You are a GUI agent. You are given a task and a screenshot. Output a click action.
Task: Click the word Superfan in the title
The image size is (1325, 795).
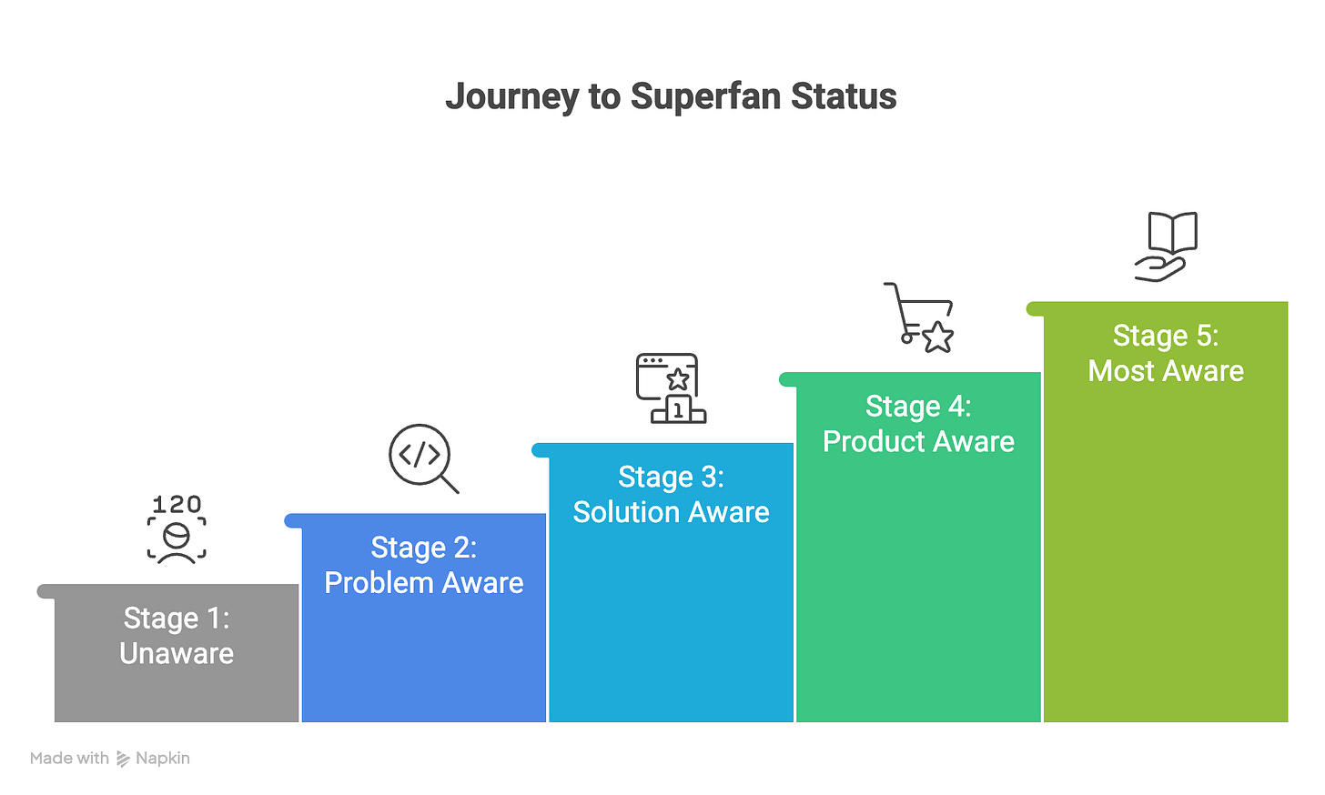tap(706, 96)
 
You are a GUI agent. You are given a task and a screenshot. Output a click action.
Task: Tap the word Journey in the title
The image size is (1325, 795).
tap(511, 96)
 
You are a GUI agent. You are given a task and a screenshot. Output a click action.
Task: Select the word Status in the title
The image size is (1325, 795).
tap(844, 96)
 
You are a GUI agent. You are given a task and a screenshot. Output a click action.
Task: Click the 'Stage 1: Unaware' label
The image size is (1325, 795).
tap(177, 636)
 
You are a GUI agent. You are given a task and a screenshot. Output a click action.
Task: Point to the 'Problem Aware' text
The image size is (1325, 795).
tap(424, 583)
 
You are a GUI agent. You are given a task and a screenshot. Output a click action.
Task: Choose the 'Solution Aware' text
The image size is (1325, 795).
tap(672, 512)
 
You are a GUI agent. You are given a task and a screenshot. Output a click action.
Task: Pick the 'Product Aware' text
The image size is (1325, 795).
tap(918, 441)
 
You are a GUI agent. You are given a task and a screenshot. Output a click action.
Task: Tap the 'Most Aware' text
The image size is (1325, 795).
tap(1166, 371)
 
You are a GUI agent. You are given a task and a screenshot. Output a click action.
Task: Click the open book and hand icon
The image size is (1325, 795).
tap(1167, 247)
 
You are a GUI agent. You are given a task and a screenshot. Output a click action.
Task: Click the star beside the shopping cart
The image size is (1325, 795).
tap(938, 337)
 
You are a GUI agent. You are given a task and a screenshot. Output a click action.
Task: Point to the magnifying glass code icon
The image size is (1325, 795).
tap(423, 458)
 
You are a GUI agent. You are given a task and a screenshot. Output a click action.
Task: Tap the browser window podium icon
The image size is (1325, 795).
tap(671, 388)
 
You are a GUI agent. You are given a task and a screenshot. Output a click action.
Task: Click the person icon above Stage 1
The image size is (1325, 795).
tap(177, 540)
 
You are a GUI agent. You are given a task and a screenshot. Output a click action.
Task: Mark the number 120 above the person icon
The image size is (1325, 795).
tap(177, 504)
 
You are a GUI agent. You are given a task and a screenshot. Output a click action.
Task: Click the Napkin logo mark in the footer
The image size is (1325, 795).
tap(123, 759)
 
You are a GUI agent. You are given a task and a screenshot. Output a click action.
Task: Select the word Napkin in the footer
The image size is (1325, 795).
tap(163, 759)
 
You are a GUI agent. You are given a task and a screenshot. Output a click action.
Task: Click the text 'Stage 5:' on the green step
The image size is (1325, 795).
tap(1166, 336)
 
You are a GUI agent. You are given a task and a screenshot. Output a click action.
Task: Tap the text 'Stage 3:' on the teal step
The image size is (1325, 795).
tap(672, 477)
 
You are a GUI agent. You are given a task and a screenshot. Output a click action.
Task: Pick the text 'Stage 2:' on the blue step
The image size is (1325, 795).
tap(424, 548)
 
